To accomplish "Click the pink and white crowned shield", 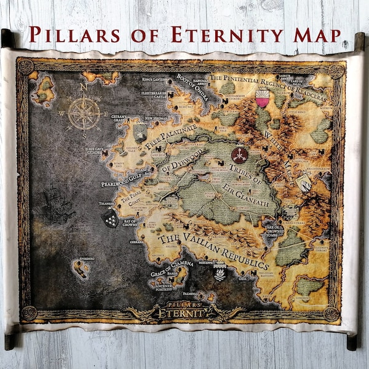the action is click(x=262, y=98).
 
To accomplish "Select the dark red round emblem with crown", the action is click(x=239, y=154).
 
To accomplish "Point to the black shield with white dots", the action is click(x=109, y=217).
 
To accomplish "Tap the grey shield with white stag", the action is click(x=304, y=183).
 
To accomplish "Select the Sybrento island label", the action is click(x=86, y=259).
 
